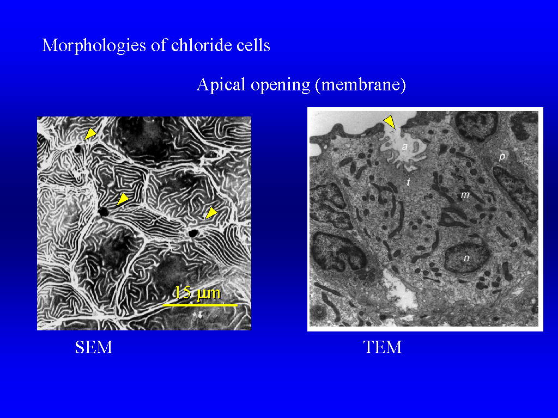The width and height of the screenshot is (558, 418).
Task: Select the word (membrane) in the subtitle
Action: (x=361, y=85)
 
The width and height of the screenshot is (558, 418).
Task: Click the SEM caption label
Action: (x=94, y=347)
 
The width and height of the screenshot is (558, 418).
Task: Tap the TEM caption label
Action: (x=383, y=347)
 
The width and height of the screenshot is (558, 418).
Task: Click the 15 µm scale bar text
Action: (x=198, y=293)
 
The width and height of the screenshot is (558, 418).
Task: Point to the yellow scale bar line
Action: (x=200, y=305)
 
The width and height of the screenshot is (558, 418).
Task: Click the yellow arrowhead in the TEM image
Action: (x=390, y=121)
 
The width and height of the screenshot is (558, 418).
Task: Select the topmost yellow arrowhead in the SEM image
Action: (x=90, y=134)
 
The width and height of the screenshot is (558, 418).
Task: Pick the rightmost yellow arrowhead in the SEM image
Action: (x=211, y=213)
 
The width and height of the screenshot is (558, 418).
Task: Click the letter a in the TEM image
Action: (x=405, y=146)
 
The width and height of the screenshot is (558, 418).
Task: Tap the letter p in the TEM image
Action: (x=502, y=156)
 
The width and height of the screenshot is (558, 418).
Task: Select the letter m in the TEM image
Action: (x=465, y=195)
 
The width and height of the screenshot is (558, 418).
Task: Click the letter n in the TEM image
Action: (x=466, y=259)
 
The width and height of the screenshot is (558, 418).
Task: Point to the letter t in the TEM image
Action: (x=409, y=182)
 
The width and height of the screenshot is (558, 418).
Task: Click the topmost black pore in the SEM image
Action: (x=77, y=149)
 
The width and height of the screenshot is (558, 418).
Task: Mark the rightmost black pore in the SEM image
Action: (x=193, y=233)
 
